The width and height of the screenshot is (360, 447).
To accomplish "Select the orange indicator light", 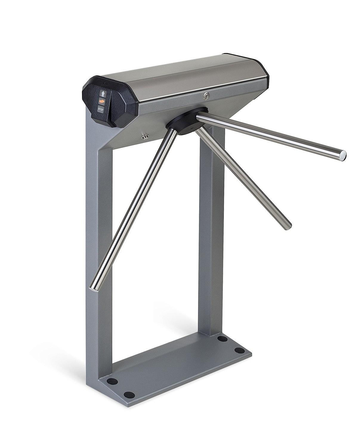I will [102, 102].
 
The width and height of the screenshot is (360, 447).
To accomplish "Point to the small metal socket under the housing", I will [145, 136].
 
